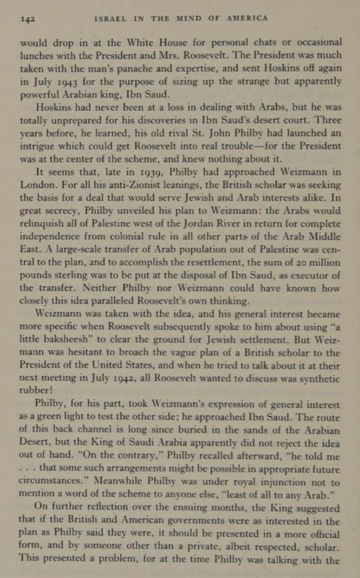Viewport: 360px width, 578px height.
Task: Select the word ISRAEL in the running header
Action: tap(108, 19)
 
